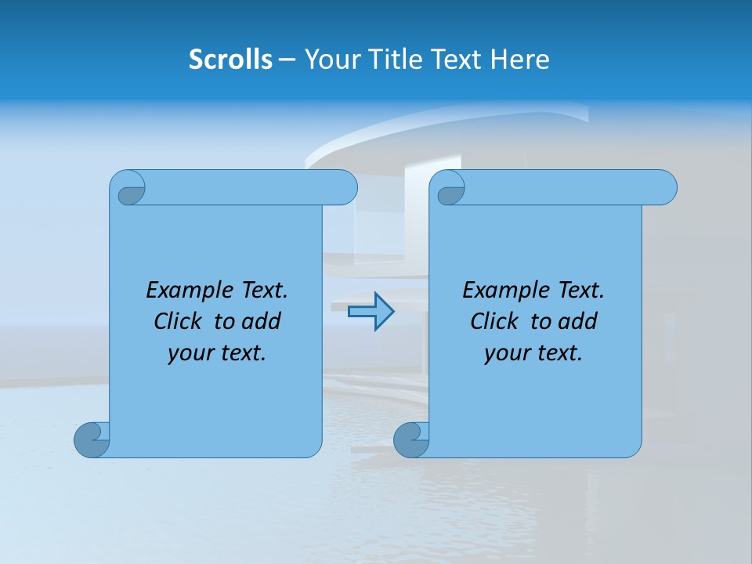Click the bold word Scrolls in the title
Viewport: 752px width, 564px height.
pos(230,60)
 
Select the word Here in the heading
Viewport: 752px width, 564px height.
pos(519,60)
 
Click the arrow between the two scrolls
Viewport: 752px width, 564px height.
pos(371,312)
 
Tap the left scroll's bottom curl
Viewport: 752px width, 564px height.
pos(92,439)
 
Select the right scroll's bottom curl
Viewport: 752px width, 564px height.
pos(411,439)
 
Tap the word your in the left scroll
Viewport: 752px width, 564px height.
pos(189,353)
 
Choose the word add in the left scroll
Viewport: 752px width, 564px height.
pos(262,321)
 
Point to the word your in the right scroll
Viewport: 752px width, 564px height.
pos(505,353)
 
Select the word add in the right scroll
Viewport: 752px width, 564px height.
pos(578,321)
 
